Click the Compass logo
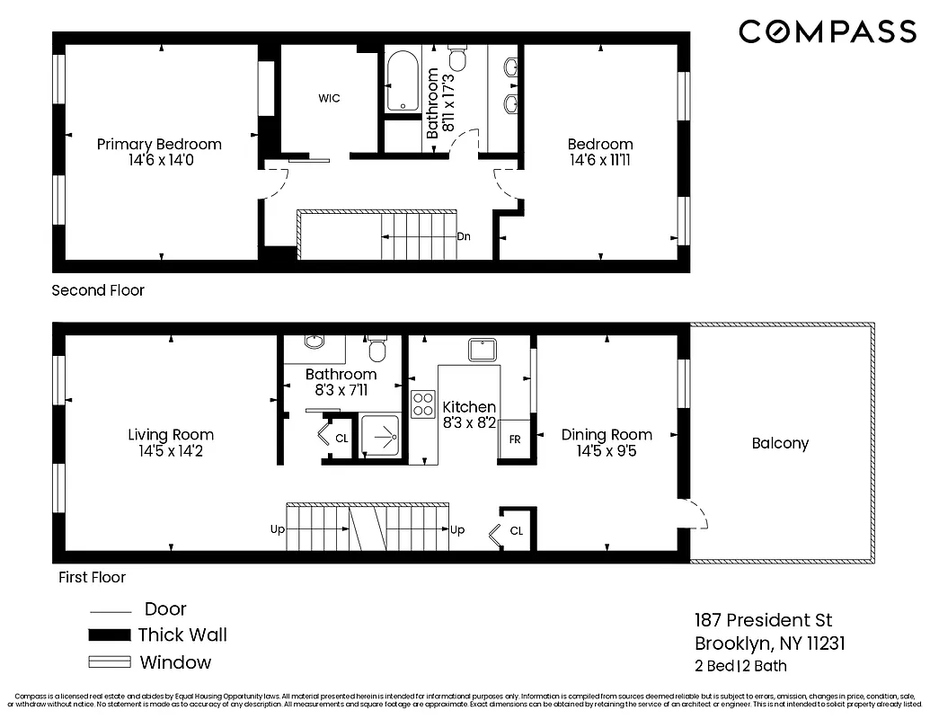(x=827, y=31)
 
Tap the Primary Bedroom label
(x=159, y=145)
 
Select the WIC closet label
(x=329, y=99)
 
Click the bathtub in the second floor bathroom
(x=402, y=83)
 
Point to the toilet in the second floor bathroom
(x=457, y=58)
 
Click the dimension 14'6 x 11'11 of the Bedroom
(x=599, y=161)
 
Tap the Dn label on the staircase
(x=464, y=237)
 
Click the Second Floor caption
(x=98, y=290)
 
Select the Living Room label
(x=171, y=435)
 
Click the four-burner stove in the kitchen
(x=422, y=404)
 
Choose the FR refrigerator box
(x=515, y=439)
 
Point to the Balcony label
(x=780, y=443)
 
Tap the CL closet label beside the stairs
(x=516, y=531)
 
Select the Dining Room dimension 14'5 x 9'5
(x=607, y=452)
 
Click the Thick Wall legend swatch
(x=110, y=635)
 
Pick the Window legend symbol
(x=110, y=663)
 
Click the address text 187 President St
(x=763, y=620)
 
